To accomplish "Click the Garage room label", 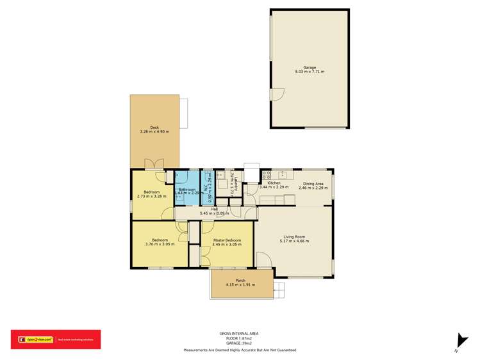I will pyautogui.click(x=310, y=67).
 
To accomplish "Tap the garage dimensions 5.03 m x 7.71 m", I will pyautogui.click(x=310, y=72).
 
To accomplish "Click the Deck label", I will pyautogui.click(x=154, y=127).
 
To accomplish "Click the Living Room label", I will pyautogui.click(x=294, y=236).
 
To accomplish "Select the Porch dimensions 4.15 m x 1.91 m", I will pyautogui.click(x=240, y=285).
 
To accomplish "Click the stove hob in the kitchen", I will pyautogui.click(x=266, y=174).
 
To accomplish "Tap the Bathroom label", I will pyautogui.click(x=186, y=190).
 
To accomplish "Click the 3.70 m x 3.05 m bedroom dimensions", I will pyautogui.click(x=156, y=245).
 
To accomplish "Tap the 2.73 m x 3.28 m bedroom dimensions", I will pyautogui.click(x=151, y=197).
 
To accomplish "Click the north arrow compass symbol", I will pyautogui.click(x=458, y=342).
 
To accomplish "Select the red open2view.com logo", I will pyautogui.click(x=55, y=340).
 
